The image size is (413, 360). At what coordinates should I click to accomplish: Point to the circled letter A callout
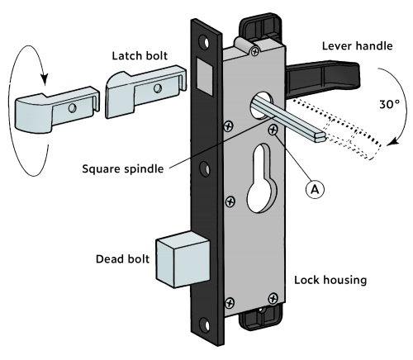click(x=313, y=187)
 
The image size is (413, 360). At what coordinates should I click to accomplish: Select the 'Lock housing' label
click(x=330, y=280)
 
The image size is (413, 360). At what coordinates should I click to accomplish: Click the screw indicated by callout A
click(x=272, y=130)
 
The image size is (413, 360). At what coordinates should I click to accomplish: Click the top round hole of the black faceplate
click(x=201, y=39)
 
